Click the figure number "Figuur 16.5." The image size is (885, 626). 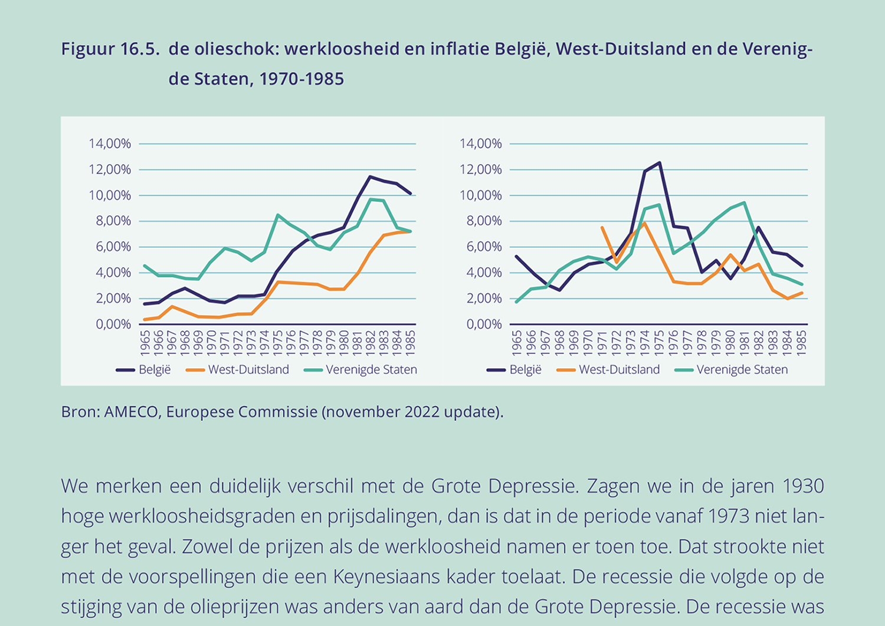point(110,49)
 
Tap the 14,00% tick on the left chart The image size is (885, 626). point(110,143)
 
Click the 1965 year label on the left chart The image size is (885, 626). point(145,342)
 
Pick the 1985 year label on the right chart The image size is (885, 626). point(801,342)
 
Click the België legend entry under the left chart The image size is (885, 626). point(143,370)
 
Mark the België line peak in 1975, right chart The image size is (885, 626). point(659,163)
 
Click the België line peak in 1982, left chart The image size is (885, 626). point(370,176)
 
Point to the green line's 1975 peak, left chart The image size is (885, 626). point(278,215)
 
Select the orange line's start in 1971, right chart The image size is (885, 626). point(602,227)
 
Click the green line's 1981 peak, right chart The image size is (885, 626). point(745,202)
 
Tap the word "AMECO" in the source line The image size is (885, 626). point(131,412)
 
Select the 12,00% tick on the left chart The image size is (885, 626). point(110,169)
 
